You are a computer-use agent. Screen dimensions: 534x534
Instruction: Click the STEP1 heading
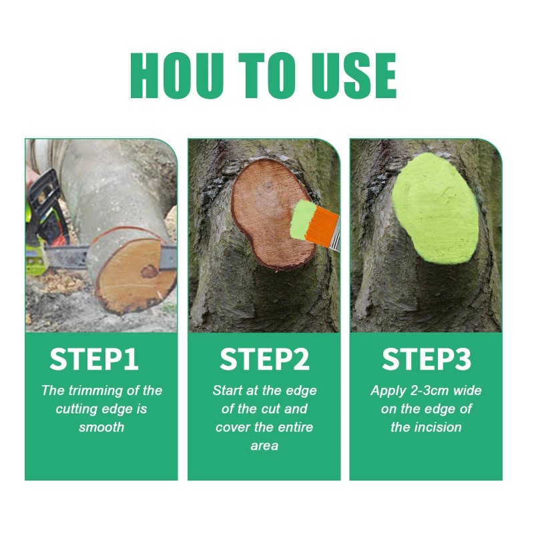coord(94,359)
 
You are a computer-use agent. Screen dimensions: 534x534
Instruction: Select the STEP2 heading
coord(264,359)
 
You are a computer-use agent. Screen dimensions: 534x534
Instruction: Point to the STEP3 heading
coord(426,359)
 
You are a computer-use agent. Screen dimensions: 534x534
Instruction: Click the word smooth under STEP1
coord(101,427)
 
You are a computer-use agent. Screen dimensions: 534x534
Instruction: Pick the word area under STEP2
coord(264,446)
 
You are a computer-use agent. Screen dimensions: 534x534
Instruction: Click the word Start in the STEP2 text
coord(228,390)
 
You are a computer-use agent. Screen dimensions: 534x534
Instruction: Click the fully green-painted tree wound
coord(437,208)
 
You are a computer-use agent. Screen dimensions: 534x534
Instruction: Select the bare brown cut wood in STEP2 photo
coord(269,214)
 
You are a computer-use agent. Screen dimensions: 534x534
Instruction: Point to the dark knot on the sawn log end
coord(149,272)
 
